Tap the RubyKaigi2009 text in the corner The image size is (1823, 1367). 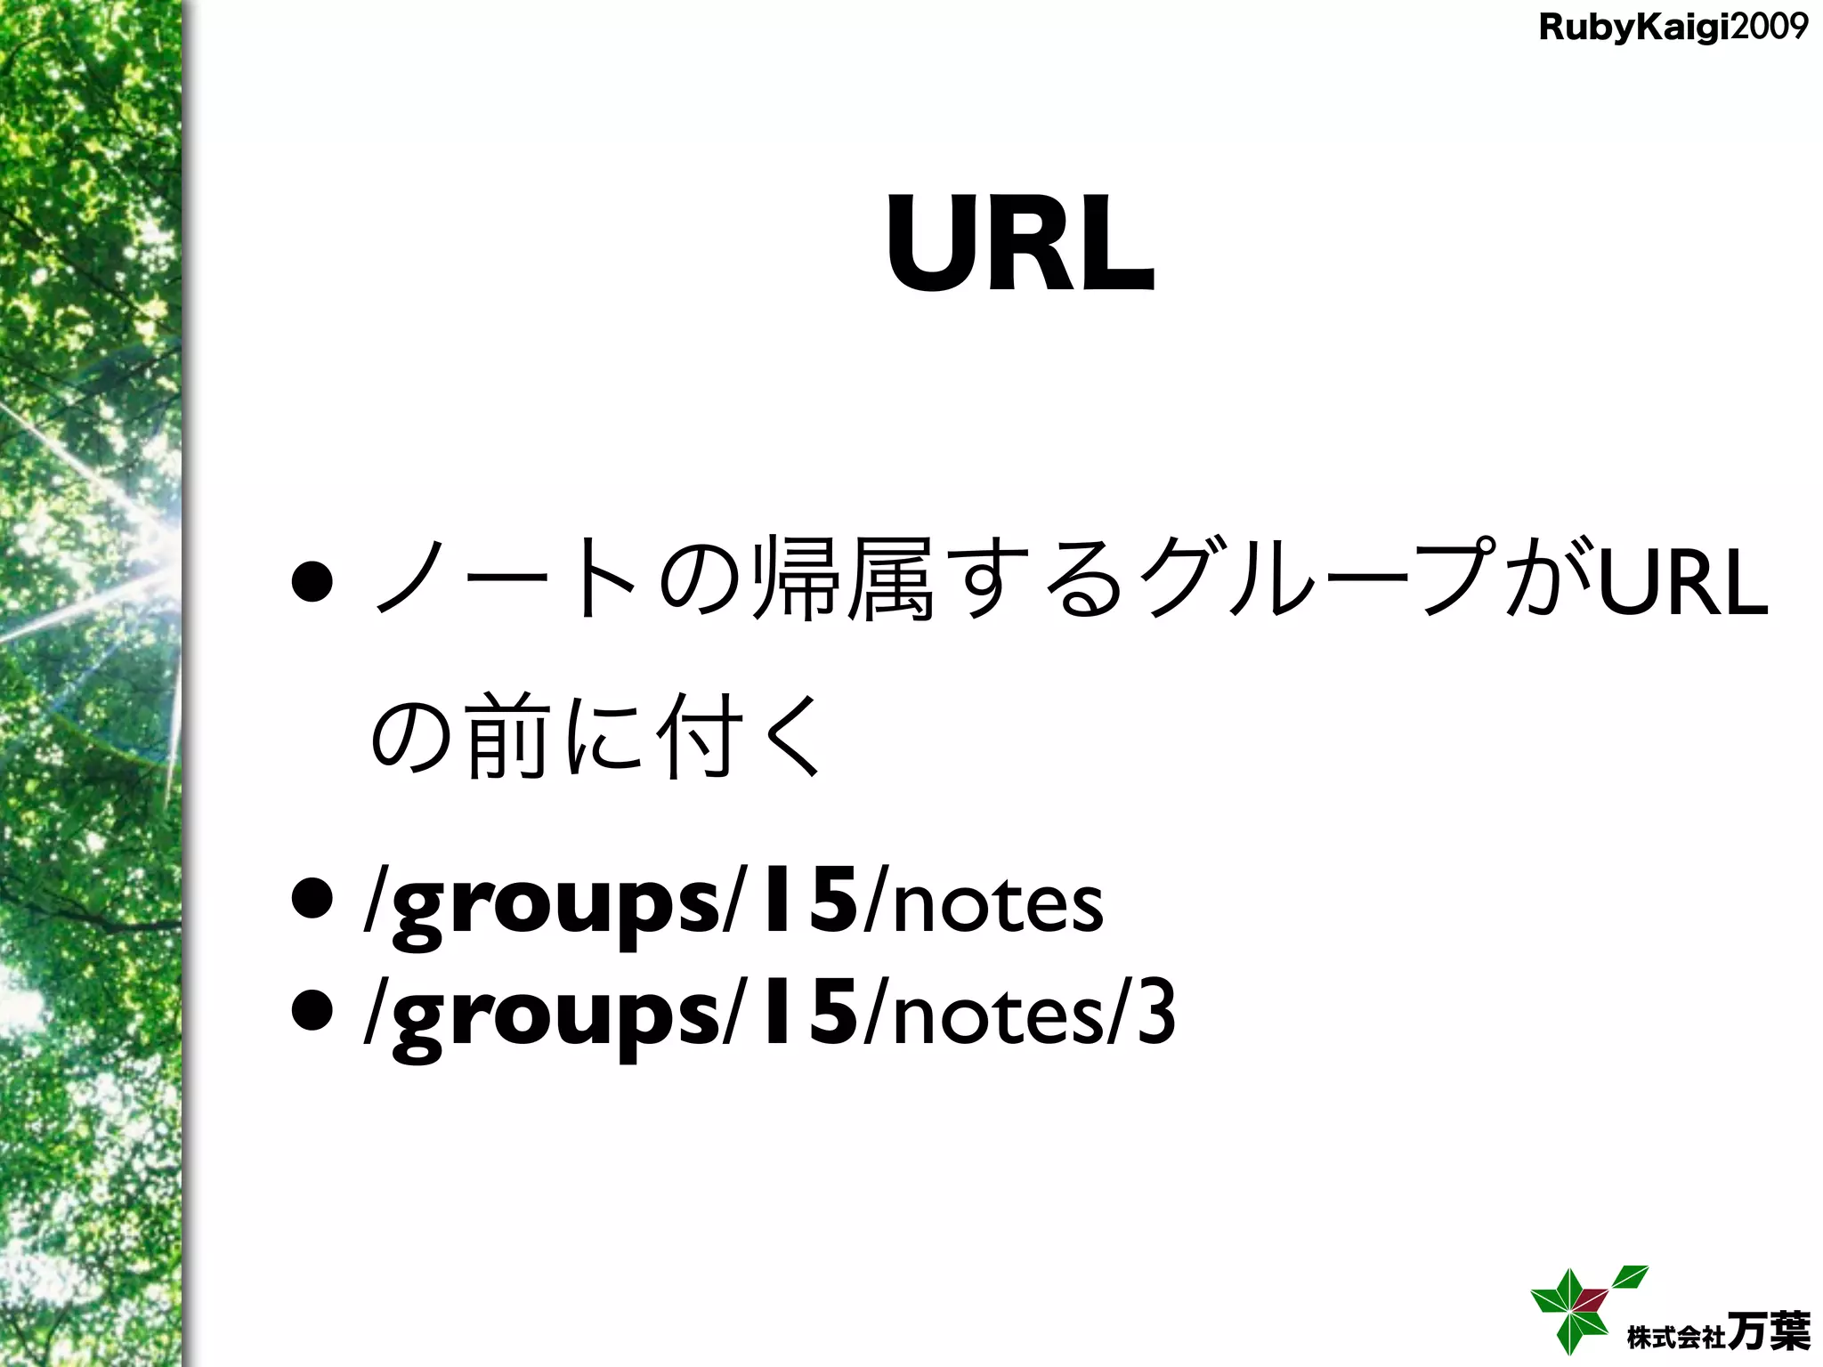(x=1673, y=28)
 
